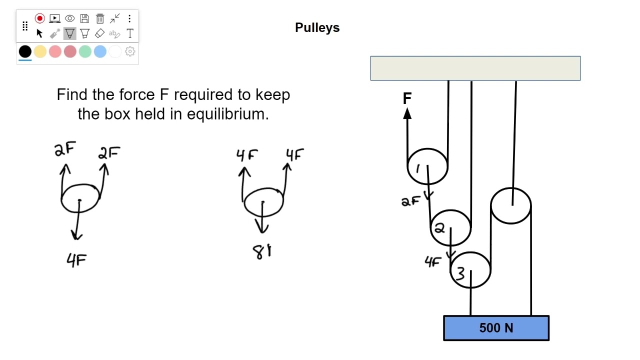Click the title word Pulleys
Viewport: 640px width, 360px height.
[x=317, y=27]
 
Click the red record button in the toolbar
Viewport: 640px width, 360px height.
[x=39, y=18]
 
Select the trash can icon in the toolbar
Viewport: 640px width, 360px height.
[x=100, y=18]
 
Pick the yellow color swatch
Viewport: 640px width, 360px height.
[x=40, y=51]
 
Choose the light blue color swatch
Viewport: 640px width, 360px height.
[x=100, y=51]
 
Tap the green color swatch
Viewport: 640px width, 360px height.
[x=85, y=51]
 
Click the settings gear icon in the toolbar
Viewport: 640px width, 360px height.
[x=130, y=51]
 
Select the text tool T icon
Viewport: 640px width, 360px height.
[x=130, y=33]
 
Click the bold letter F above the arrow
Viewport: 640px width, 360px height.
[x=407, y=98]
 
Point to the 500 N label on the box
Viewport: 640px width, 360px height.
[x=496, y=328]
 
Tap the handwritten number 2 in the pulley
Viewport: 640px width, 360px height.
[x=439, y=228]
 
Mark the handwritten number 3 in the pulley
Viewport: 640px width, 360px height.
[x=460, y=273]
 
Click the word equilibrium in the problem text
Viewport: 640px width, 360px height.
[x=227, y=114]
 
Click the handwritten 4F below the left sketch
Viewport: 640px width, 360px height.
[x=76, y=259]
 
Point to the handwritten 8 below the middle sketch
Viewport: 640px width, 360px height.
[x=260, y=252]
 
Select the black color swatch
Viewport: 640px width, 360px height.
[x=25, y=51]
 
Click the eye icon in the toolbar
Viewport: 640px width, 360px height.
[x=69, y=18]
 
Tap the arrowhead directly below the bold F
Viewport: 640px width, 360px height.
[x=407, y=113]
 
